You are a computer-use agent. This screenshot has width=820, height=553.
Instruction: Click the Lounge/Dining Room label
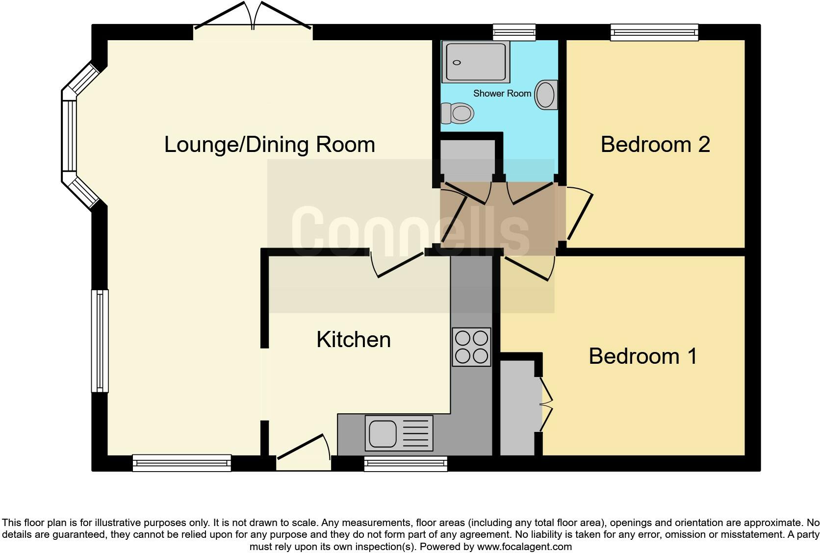coord(269,145)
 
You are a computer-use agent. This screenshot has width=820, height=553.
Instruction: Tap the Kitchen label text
coord(353,340)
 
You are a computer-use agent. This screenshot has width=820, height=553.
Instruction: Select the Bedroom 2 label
coord(655,145)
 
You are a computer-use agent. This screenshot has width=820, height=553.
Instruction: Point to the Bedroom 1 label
coord(642,356)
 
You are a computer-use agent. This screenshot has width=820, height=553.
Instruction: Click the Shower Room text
coord(502,93)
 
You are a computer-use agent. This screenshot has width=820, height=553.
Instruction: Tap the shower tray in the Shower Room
coord(475,62)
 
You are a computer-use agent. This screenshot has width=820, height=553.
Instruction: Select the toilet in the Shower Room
coord(457,113)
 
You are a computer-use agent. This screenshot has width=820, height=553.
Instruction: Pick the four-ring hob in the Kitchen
coord(471,347)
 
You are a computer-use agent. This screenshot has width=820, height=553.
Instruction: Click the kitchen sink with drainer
coord(399,433)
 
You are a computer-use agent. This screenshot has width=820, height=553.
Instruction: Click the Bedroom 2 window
coord(654,32)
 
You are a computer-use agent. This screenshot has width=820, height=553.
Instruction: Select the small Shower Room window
coord(514,32)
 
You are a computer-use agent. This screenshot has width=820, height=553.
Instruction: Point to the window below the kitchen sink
coord(406,463)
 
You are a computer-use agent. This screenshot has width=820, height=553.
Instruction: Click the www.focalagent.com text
coord(524,546)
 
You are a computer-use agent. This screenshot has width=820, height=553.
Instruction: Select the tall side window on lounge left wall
coord(100,341)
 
